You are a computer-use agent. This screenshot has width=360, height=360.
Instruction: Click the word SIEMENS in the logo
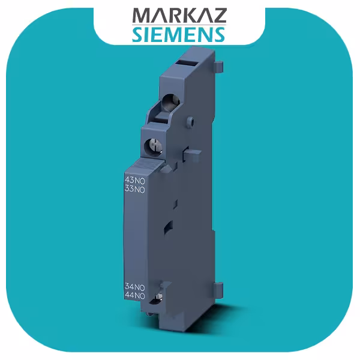pos(179,33)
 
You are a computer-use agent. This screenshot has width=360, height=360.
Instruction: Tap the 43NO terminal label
pos(134,181)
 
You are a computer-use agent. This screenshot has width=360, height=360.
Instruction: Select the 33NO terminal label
pos(134,190)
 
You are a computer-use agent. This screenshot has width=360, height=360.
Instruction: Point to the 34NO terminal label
pos(134,287)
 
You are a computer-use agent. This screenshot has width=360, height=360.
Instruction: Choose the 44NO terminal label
pos(134,296)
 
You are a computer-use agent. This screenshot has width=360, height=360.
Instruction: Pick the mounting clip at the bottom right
pos(220,289)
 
